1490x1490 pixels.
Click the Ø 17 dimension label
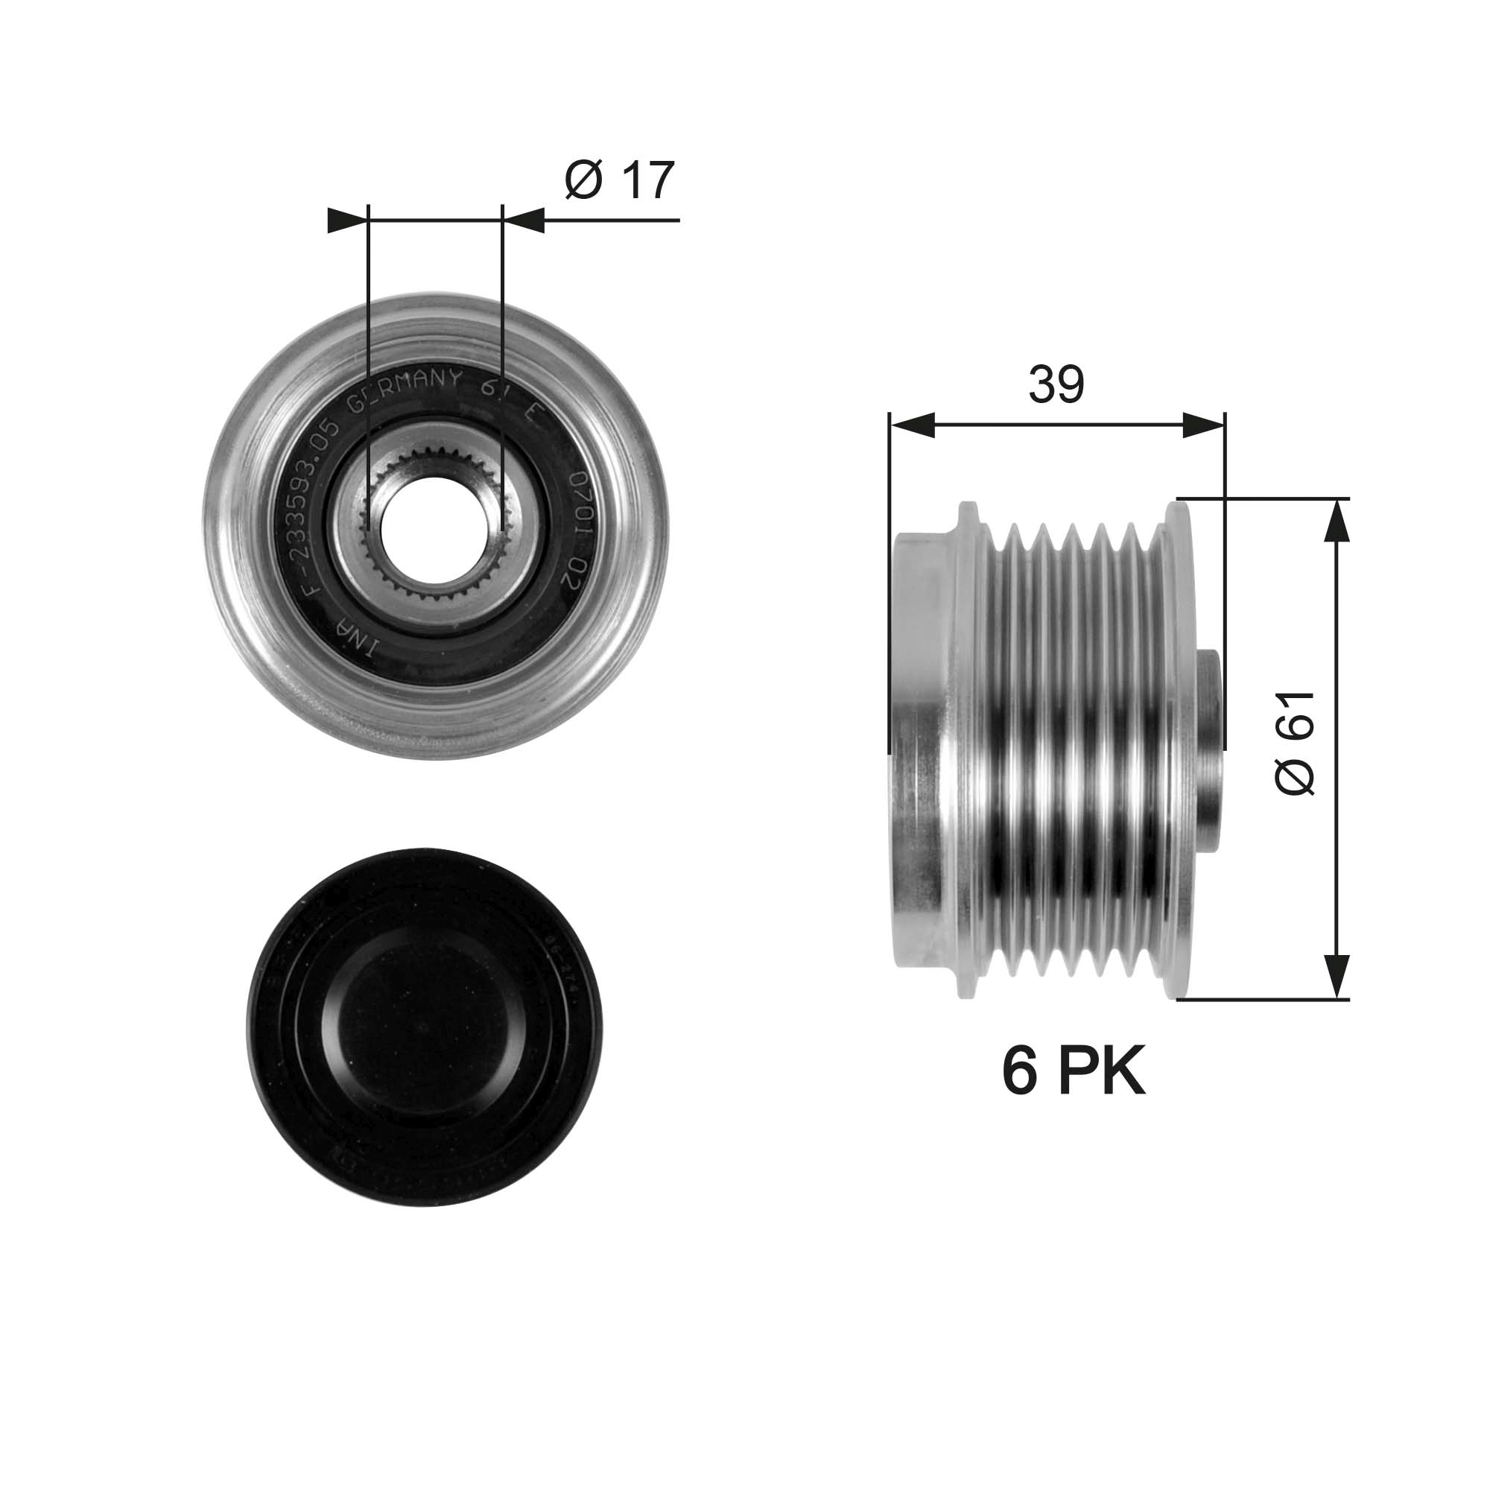619,180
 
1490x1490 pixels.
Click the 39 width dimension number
1056,384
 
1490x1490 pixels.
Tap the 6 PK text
1073,1071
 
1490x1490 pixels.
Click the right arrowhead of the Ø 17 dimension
524,221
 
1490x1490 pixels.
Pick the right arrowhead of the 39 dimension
1203,425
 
